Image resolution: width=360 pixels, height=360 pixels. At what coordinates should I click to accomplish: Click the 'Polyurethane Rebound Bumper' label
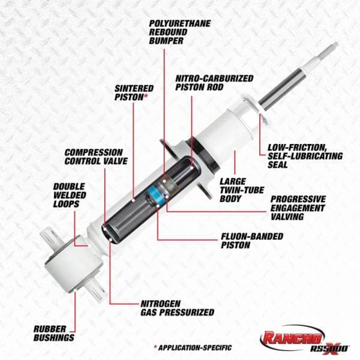point(178,32)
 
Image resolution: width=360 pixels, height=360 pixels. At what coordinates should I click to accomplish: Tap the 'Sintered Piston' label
point(134,92)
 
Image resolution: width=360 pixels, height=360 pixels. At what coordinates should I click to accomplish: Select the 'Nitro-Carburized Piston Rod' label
point(214,82)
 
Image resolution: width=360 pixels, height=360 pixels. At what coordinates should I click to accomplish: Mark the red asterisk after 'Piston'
point(147,96)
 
